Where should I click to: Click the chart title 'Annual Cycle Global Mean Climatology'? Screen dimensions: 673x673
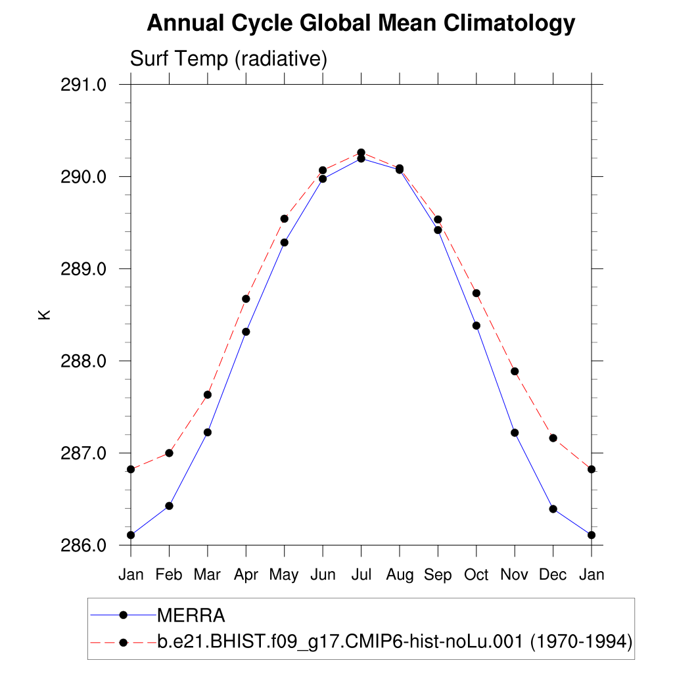(361, 24)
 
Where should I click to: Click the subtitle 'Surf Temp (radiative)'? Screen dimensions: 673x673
(229, 58)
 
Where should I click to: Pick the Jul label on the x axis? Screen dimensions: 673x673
(361, 575)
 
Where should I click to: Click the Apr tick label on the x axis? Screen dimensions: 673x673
(246, 575)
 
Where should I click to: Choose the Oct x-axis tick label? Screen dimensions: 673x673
(476, 575)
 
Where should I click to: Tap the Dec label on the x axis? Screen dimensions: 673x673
(553, 575)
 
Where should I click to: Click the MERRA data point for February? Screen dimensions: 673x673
(169, 505)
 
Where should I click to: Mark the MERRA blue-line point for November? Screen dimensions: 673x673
(515, 432)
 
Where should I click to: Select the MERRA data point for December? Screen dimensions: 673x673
(553, 509)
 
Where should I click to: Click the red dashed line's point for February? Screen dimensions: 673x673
(169, 453)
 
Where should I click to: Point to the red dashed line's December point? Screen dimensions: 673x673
(553, 438)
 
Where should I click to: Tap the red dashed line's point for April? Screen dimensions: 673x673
(246, 298)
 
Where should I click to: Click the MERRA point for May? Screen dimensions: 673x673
(284, 243)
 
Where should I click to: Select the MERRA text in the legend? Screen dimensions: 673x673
(191, 616)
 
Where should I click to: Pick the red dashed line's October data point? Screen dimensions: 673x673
(476, 293)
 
